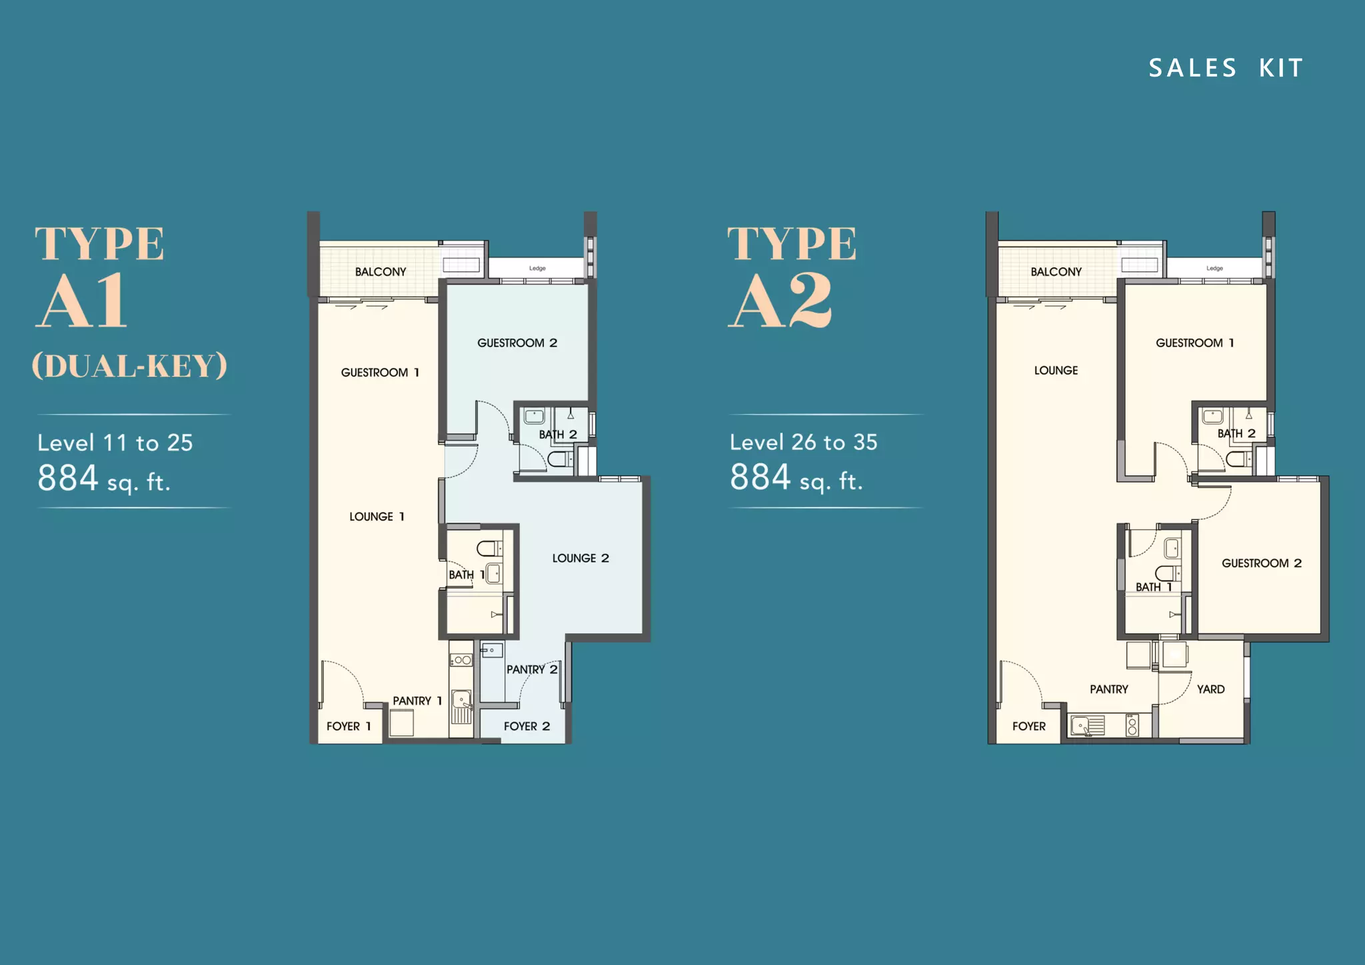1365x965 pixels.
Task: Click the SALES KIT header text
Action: point(1226,68)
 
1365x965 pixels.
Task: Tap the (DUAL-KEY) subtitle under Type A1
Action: point(130,366)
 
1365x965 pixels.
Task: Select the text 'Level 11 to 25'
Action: point(115,443)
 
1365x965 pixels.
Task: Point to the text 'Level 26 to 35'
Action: point(804,442)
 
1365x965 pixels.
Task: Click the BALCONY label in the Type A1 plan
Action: point(381,272)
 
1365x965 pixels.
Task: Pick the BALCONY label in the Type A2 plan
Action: point(1056,272)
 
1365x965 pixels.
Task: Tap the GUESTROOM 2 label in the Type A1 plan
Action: point(517,343)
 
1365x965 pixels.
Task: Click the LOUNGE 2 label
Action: point(581,558)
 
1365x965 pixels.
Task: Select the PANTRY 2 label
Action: point(532,670)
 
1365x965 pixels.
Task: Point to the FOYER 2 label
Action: point(527,726)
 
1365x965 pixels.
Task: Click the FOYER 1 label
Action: point(349,726)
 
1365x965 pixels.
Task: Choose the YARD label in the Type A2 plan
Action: point(1211,690)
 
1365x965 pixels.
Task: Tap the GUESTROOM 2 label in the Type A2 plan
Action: point(1262,563)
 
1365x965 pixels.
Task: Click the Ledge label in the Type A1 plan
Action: point(537,269)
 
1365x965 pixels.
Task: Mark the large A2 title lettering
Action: point(780,301)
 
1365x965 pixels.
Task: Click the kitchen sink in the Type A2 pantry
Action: point(1087,726)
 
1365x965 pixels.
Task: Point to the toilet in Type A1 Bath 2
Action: point(559,459)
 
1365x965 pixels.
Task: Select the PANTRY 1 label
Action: point(417,701)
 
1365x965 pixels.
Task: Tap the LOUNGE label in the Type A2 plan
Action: point(1056,371)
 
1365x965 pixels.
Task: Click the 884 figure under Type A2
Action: point(760,477)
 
